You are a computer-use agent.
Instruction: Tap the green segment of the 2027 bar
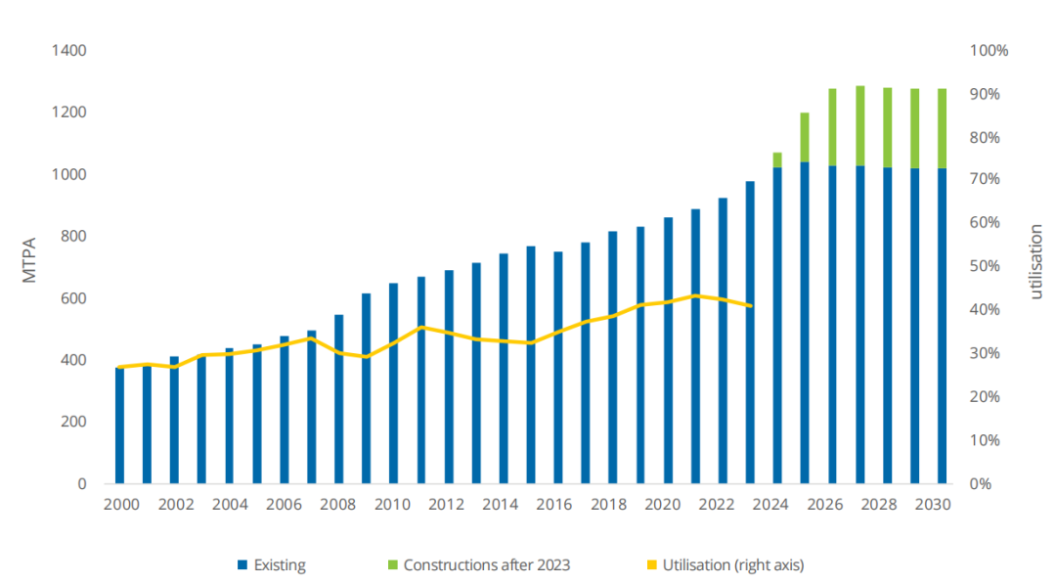(860, 125)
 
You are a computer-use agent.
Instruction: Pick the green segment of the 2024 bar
(777, 159)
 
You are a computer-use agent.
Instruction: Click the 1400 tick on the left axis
(68, 50)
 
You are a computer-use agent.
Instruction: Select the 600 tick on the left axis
(73, 298)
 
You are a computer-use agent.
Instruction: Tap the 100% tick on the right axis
(990, 50)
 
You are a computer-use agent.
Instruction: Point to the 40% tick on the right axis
(986, 310)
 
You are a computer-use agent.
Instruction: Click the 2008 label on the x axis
(338, 505)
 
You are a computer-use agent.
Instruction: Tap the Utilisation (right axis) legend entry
(732, 564)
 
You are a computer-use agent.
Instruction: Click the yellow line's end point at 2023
(750, 306)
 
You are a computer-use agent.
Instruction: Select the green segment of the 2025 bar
(805, 137)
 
